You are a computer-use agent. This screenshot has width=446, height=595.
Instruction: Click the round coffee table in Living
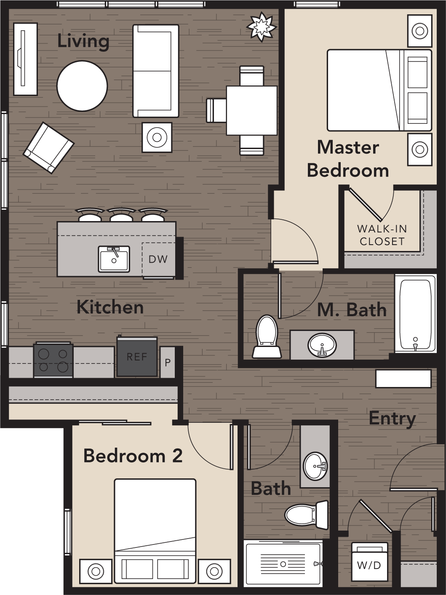tap(82, 86)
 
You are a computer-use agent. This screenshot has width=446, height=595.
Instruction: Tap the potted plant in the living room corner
tap(261, 27)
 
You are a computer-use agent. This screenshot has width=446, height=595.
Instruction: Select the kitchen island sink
tap(114, 259)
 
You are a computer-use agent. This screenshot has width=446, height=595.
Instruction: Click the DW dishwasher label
tap(158, 259)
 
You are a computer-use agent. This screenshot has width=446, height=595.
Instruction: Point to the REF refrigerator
tap(137, 357)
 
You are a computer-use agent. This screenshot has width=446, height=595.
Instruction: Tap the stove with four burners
tap(53, 360)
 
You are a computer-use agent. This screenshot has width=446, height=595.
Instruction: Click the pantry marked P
tap(168, 362)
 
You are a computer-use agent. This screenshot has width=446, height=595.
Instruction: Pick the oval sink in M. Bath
tap(322, 345)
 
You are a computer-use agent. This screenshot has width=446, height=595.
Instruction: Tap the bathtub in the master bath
tap(415, 314)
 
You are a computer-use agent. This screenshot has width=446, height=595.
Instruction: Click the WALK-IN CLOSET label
tap(382, 235)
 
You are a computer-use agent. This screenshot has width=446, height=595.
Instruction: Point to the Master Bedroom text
tap(348, 159)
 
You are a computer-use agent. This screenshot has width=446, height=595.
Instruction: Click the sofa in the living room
tap(155, 71)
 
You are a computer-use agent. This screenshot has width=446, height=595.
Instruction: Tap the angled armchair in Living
tap(48, 147)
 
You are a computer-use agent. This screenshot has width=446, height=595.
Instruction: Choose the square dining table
tap(251, 110)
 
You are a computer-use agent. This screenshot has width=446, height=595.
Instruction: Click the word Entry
tap(392, 419)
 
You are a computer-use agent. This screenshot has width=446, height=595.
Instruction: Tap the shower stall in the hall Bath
tap(283, 563)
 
